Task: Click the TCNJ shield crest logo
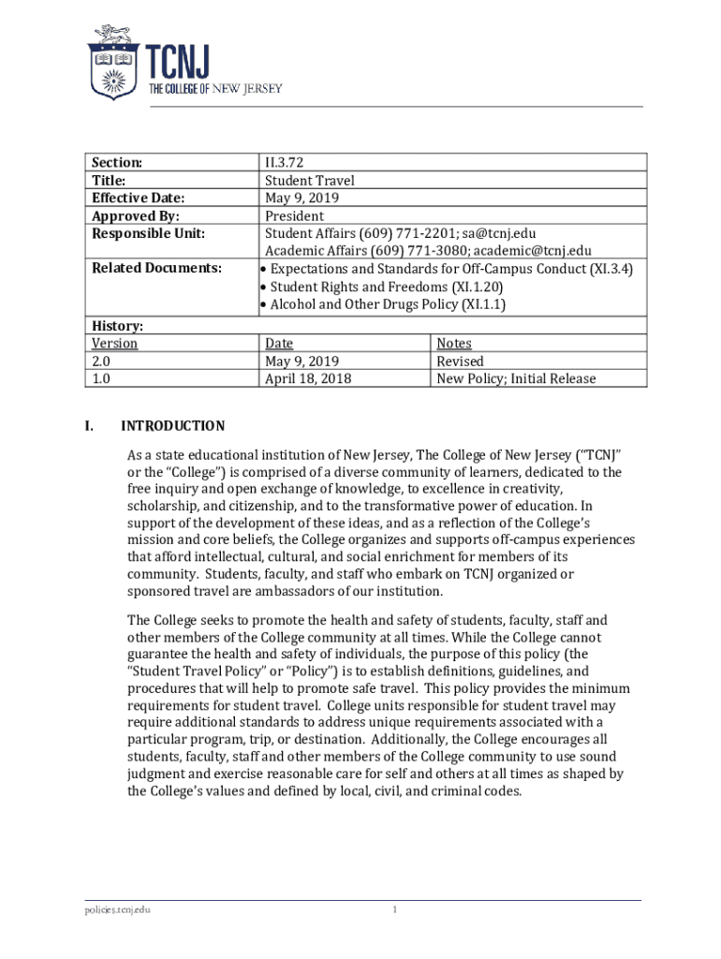114,63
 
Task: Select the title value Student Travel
309,180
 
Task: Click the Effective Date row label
138,198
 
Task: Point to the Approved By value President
294,215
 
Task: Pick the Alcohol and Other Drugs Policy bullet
383,304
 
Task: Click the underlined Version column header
114,344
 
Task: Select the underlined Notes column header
454,344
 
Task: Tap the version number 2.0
101,361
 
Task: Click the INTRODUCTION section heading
173,426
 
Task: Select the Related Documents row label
156,269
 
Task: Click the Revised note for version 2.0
460,361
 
